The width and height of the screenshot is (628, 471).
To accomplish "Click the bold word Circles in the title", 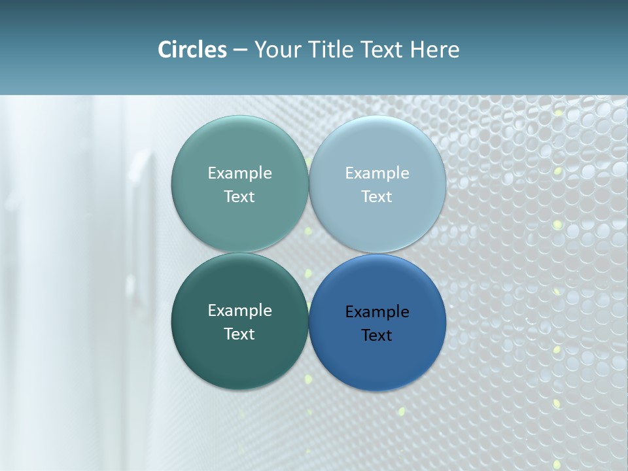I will click(192, 50).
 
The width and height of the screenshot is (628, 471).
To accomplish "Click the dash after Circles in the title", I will click(240, 50).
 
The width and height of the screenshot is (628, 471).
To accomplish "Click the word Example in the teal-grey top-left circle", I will click(239, 173).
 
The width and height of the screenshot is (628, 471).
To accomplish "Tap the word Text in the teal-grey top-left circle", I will click(239, 197).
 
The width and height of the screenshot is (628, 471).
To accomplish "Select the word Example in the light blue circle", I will click(377, 173).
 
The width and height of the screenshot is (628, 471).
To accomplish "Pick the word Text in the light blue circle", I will click(377, 197).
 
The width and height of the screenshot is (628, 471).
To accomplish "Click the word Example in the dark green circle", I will click(239, 311).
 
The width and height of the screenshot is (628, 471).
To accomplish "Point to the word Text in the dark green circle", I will click(239, 334).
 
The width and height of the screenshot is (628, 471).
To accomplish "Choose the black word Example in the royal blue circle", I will click(377, 312).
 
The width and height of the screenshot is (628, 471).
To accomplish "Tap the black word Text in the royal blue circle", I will click(377, 336).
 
